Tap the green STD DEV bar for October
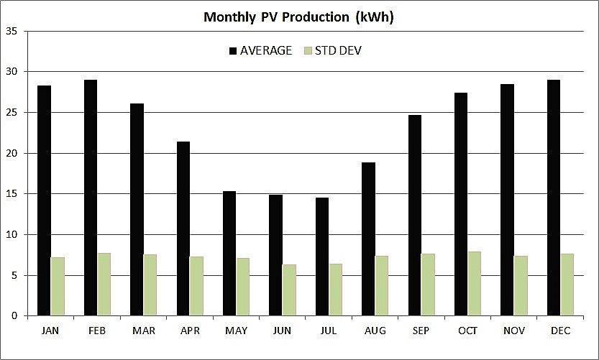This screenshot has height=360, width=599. (475, 284)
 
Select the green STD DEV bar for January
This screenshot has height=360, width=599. (58, 287)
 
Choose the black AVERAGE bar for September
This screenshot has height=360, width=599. (415, 216)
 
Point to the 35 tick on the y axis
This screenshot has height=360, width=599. (13, 32)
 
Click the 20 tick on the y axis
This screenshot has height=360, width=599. (13, 154)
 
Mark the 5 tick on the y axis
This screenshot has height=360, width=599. (16, 276)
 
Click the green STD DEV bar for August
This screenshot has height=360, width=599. (382, 286)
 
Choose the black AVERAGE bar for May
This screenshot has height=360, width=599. (229, 254)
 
